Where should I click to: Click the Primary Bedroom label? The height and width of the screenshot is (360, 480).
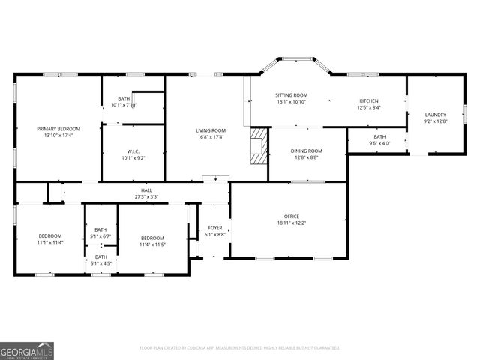tap(58, 129)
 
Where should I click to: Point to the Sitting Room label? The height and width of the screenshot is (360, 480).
tap(291, 95)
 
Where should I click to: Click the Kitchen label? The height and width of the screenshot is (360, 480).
tap(368, 101)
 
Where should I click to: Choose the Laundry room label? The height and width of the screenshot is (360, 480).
tap(435, 115)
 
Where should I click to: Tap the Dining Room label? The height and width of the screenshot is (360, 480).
tap(306, 151)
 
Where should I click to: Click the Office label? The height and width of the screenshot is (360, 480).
tap(291, 217)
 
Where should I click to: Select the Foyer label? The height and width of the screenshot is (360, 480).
tap(215, 228)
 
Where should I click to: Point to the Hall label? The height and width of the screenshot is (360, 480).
tap(146, 190)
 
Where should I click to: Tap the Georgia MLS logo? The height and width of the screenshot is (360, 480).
tap(27, 350)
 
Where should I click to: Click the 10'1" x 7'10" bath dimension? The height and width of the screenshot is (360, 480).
tap(124, 105)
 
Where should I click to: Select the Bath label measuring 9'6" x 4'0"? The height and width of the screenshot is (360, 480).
tap(379, 136)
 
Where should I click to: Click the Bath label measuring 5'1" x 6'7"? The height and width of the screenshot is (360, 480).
tap(100, 230)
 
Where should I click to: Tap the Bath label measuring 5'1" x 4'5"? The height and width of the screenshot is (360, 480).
tap(100, 257)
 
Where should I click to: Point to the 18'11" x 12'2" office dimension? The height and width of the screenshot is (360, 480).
tap(291, 223)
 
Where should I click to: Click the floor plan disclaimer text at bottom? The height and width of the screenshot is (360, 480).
tap(240, 348)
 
